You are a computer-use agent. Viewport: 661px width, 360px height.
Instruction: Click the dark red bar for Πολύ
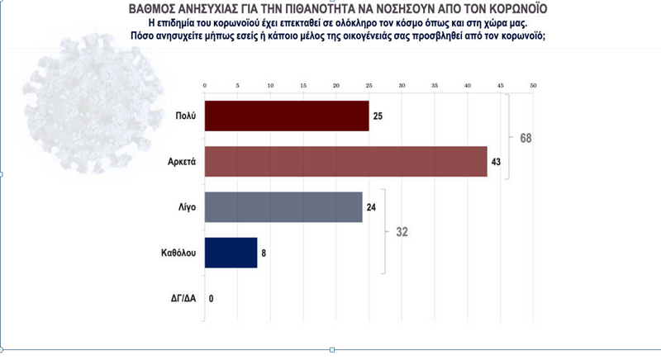point(286,116)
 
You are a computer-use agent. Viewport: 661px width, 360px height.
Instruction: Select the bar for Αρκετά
point(345,161)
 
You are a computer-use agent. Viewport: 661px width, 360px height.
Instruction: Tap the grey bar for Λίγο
point(283,207)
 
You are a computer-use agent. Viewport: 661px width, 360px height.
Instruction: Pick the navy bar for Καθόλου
point(230,253)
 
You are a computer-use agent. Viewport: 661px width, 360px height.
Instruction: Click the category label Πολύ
point(185,116)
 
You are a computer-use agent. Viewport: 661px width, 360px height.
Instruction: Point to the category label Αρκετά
point(180,162)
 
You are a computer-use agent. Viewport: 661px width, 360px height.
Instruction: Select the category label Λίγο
point(185,207)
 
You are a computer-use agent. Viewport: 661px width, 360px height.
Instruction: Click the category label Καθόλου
point(178,253)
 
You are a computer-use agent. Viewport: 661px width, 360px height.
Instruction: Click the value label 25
point(378,116)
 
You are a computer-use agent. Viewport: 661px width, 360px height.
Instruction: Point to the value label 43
point(497,162)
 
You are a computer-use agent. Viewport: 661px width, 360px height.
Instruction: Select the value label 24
point(371,207)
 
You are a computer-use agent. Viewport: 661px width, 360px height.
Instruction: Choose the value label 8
point(264,253)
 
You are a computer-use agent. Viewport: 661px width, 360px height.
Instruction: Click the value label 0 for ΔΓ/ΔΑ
point(212,298)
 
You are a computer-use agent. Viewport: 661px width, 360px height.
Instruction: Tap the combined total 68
point(525,138)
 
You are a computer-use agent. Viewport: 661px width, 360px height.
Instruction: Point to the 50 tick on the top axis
point(534,86)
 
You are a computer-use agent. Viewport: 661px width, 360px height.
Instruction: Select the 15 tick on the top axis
point(303,86)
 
